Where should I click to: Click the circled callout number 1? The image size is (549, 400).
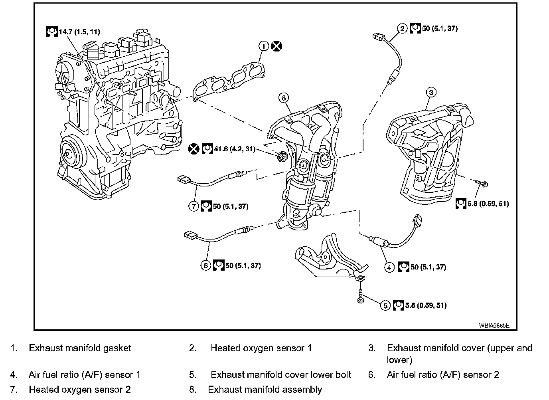(x=263, y=46)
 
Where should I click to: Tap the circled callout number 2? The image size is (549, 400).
(x=403, y=28)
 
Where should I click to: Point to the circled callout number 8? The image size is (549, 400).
(x=284, y=97)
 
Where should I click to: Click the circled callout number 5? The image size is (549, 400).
(x=385, y=305)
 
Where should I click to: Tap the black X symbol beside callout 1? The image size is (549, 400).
(x=276, y=46)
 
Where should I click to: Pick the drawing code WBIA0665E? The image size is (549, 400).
(x=494, y=325)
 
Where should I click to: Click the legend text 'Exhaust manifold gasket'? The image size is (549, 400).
(x=80, y=348)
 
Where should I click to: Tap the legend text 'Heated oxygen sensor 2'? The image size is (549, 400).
(x=80, y=389)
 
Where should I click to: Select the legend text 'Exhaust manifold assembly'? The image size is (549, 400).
(x=265, y=389)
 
